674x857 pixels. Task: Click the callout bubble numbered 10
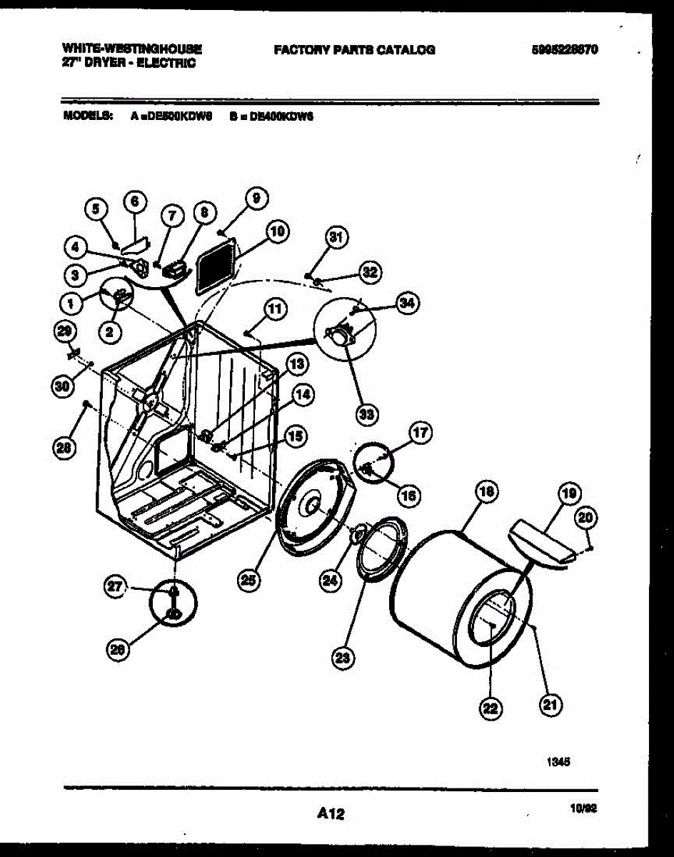[x=277, y=231]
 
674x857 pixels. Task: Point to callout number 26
[x=118, y=648]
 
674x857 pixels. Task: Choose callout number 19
[x=569, y=493]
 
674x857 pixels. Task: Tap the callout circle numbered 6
[x=134, y=203]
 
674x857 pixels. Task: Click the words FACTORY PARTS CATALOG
[x=354, y=50]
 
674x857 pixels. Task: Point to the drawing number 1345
[x=558, y=762]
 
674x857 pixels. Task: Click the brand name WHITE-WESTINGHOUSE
[x=132, y=49]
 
